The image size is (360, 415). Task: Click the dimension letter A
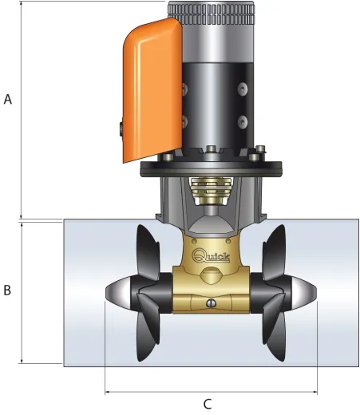pyautogui.click(x=9, y=100)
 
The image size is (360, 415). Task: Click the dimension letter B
pyautogui.click(x=7, y=290)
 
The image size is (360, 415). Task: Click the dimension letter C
pyautogui.click(x=207, y=404)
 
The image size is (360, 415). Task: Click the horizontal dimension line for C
pyautogui.click(x=211, y=392)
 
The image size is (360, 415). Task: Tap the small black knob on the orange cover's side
pyautogui.click(x=117, y=128)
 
